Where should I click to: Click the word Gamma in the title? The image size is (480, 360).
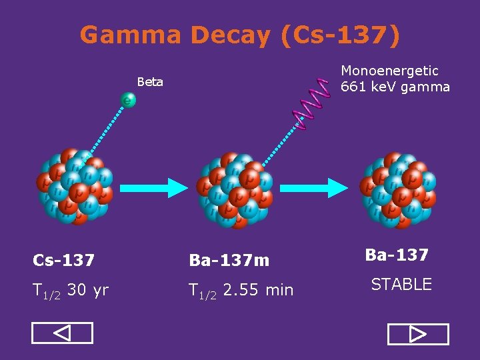[x=130, y=35]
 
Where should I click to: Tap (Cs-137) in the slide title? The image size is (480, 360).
[x=341, y=35]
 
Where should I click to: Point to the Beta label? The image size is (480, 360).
[x=150, y=82]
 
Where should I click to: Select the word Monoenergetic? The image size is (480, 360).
[x=389, y=71]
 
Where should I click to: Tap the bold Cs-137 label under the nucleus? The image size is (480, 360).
[x=64, y=259]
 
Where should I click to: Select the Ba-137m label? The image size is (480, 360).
[x=229, y=260]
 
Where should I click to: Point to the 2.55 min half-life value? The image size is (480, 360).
[x=258, y=290]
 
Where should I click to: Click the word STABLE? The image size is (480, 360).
[x=401, y=285]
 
